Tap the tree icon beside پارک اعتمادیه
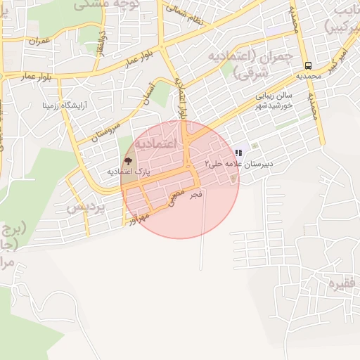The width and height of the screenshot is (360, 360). tap(127, 162)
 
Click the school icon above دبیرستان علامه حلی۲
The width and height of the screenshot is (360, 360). tap(239, 153)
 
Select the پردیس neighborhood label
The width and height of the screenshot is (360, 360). tap(86, 208)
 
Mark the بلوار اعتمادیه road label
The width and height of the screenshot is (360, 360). tap(181, 98)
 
